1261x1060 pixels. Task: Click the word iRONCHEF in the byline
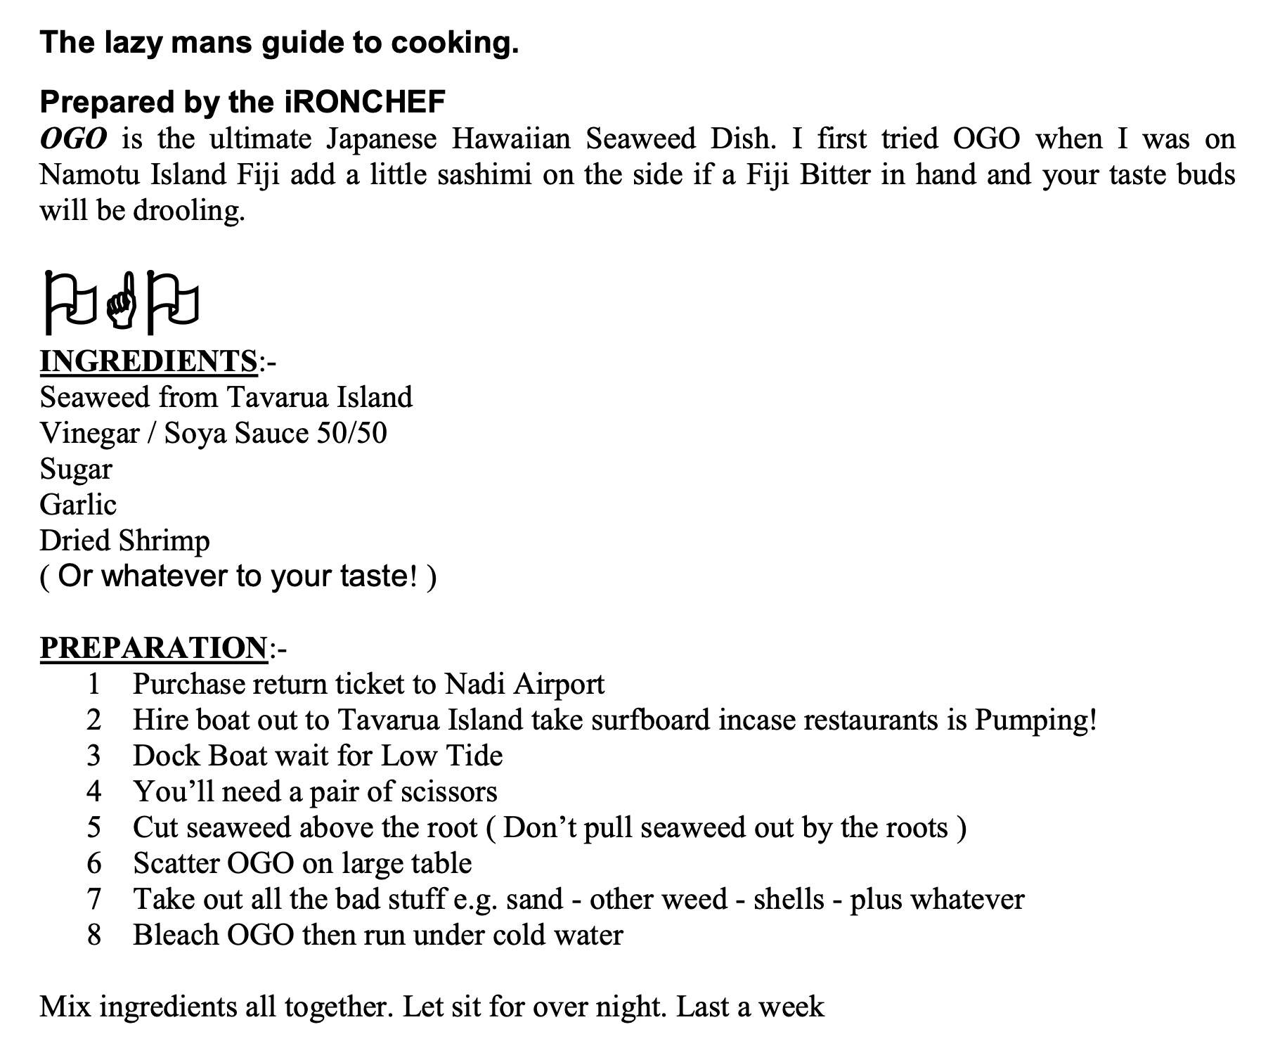tap(365, 102)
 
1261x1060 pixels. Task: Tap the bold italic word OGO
tap(73, 138)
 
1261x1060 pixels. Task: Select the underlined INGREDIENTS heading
tap(148, 361)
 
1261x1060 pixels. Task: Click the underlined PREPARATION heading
tap(153, 648)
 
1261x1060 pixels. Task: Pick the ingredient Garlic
tap(78, 505)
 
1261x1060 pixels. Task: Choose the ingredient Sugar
tap(76, 470)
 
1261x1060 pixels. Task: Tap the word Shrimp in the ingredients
tap(164, 541)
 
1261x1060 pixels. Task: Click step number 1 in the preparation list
tap(93, 684)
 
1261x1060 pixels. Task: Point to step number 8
tap(93, 935)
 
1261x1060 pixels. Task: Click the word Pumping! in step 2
tap(1035, 720)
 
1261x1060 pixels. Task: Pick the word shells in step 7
tap(789, 899)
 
